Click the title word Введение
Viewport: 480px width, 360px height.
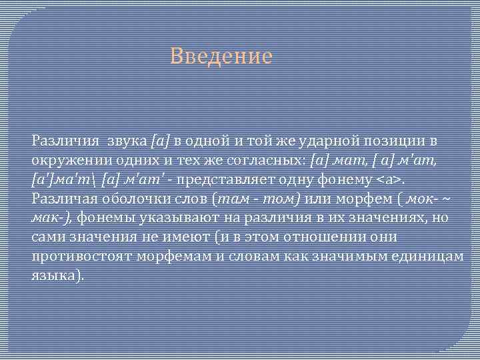click(x=221, y=56)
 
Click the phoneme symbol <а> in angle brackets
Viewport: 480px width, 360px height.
click(x=390, y=180)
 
